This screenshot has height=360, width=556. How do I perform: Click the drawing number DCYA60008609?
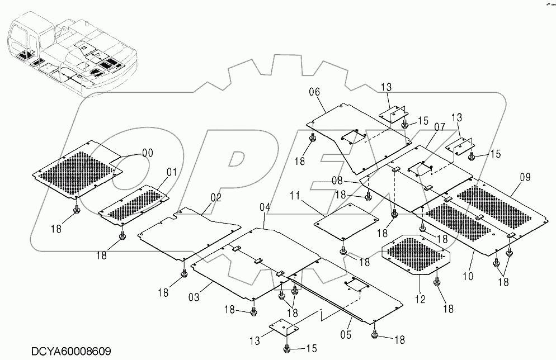71,351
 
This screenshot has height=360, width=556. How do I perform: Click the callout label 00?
148,153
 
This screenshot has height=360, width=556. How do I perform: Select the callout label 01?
172,173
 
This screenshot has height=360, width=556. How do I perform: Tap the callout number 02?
216,198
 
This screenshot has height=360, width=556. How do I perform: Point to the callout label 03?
194,297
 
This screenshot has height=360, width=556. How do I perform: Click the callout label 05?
346,334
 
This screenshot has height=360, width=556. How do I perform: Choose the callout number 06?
314,92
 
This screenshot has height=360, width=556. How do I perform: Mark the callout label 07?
439,127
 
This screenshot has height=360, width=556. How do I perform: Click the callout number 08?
337,181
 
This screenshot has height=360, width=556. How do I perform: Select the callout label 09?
525,177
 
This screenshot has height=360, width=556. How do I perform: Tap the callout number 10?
468,276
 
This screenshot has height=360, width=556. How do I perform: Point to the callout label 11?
295,196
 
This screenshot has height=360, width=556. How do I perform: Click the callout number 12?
420,300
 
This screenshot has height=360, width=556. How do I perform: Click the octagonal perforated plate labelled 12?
416,254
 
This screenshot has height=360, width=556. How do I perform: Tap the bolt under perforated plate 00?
76,210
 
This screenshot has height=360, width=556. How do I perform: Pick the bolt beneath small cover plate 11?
343,250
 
